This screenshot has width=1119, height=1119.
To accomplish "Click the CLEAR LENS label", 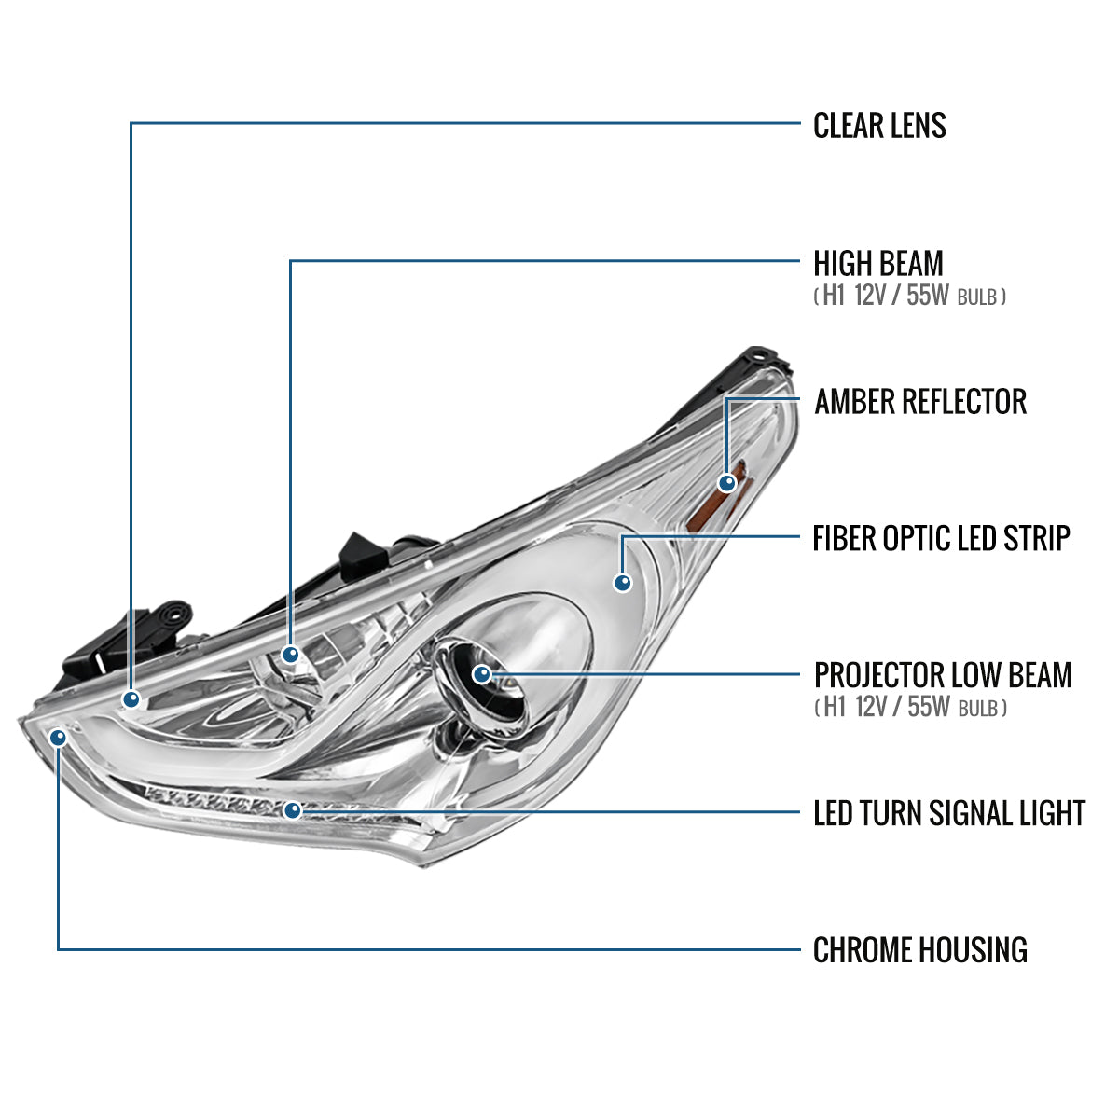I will tap(879, 125).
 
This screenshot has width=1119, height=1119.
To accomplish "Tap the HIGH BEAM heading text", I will tap(877, 263).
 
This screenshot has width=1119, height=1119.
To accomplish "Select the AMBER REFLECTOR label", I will tap(920, 402).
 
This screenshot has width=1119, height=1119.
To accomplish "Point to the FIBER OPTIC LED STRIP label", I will tap(941, 538).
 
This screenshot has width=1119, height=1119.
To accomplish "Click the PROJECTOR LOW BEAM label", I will tap(943, 675).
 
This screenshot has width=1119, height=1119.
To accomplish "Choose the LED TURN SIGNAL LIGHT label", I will tap(949, 813).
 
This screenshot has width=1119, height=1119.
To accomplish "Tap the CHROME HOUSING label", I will tap(920, 950).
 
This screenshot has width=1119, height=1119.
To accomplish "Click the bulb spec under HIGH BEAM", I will tap(910, 297).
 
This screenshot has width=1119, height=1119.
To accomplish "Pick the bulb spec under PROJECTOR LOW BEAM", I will tap(910, 708).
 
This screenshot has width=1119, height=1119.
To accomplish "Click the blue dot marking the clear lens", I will tap(131, 698).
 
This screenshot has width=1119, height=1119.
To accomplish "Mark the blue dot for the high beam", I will tap(291, 655).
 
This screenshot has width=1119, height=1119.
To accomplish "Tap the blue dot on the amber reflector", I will tap(726, 482).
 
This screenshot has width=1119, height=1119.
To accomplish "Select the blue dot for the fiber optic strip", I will tap(623, 583).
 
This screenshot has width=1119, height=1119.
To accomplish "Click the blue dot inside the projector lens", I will tap(481, 673).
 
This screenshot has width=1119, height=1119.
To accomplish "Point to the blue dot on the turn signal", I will tap(293, 810).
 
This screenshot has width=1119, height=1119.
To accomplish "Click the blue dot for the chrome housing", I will tap(59, 738).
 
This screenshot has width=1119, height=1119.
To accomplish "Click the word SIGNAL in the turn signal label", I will tap(963, 813).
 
